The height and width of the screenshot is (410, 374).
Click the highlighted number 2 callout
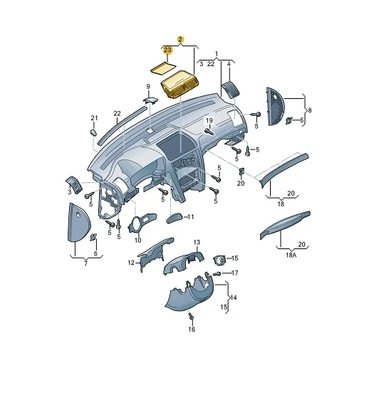point(180,39)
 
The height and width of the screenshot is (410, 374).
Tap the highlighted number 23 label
point(167,50)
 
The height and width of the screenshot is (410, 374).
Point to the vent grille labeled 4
point(230,88)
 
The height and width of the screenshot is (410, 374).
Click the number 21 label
point(93,117)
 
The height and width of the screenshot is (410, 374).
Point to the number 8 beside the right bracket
point(308,110)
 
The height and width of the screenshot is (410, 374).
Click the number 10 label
point(137,240)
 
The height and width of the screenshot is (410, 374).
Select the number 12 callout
point(131,263)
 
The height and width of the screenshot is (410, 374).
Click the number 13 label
point(197,243)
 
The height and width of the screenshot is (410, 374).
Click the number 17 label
point(234,273)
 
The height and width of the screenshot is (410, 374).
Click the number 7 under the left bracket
point(86,264)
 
